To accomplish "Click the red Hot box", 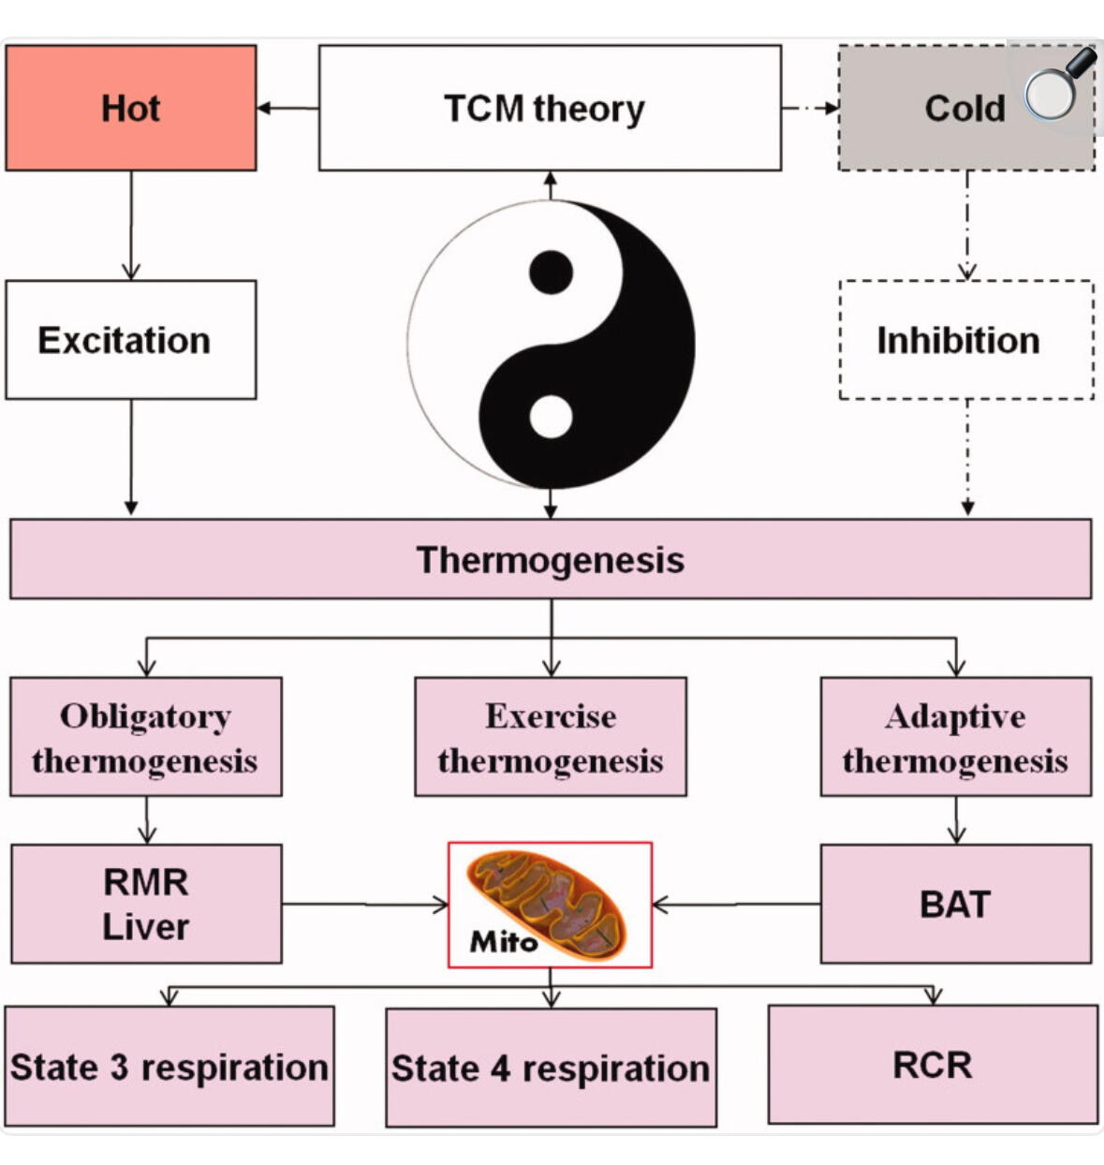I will pyautogui.click(x=131, y=109).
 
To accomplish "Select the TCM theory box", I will pyautogui.click(x=550, y=109).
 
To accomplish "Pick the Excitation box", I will pyautogui.click(x=131, y=340).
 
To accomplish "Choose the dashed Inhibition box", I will pyautogui.click(x=966, y=340).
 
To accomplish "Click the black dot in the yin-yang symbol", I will pyautogui.click(x=551, y=273).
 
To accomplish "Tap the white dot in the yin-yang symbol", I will pyautogui.click(x=551, y=417).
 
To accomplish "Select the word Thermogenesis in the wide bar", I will pyautogui.click(x=551, y=560).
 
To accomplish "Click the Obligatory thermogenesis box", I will pyautogui.click(x=146, y=737).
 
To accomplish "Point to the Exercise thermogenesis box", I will pyautogui.click(x=551, y=737).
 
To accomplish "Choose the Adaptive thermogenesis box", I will pyautogui.click(x=955, y=737).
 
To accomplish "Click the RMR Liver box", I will pyautogui.click(x=146, y=904).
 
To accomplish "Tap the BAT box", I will pyautogui.click(x=955, y=904).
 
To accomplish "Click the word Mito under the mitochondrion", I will pyautogui.click(x=504, y=940).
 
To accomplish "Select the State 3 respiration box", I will pyautogui.click(x=169, y=1067).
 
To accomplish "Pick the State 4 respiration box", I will pyautogui.click(x=551, y=1068).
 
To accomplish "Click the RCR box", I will pyautogui.click(x=933, y=1065).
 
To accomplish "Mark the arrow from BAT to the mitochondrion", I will pyautogui.click(x=736, y=905).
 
